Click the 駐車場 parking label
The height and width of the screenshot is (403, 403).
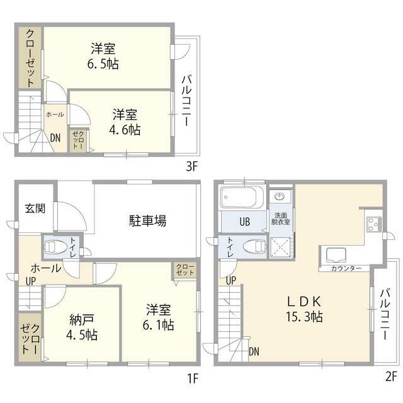[x=147, y=220]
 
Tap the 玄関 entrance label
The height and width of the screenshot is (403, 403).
[x=35, y=208]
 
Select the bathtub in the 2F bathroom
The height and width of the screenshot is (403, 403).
[x=242, y=197]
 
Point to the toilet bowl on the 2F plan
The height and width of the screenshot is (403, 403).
[x=254, y=247]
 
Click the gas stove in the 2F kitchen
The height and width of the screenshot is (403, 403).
[x=374, y=224]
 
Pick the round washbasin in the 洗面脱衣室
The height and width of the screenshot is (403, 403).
[x=280, y=197]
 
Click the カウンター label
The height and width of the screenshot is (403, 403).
[x=346, y=269]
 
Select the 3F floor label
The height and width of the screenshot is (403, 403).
[x=191, y=167]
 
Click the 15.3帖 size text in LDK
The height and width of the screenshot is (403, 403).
[x=304, y=317]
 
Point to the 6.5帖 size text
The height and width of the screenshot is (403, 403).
[x=103, y=64]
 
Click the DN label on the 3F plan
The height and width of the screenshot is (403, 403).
[x=55, y=138]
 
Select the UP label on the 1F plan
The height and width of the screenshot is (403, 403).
[x=31, y=281]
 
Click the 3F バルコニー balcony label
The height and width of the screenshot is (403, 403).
[x=186, y=101]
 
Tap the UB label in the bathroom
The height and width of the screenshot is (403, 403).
[x=245, y=222]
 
